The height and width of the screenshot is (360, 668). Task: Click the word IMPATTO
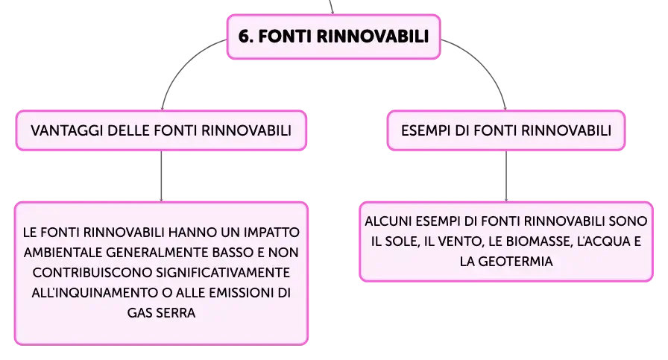(x=271, y=233)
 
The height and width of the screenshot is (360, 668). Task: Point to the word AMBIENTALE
(x=63, y=253)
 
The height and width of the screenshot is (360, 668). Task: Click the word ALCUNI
(x=388, y=221)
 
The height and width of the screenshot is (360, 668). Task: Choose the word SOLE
(x=401, y=241)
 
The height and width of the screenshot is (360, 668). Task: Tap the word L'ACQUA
(x=601, y=241)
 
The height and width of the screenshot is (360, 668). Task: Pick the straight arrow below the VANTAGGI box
(x=161, y=176)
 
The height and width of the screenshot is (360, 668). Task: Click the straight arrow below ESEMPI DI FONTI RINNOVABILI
(x=506, y=176)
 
